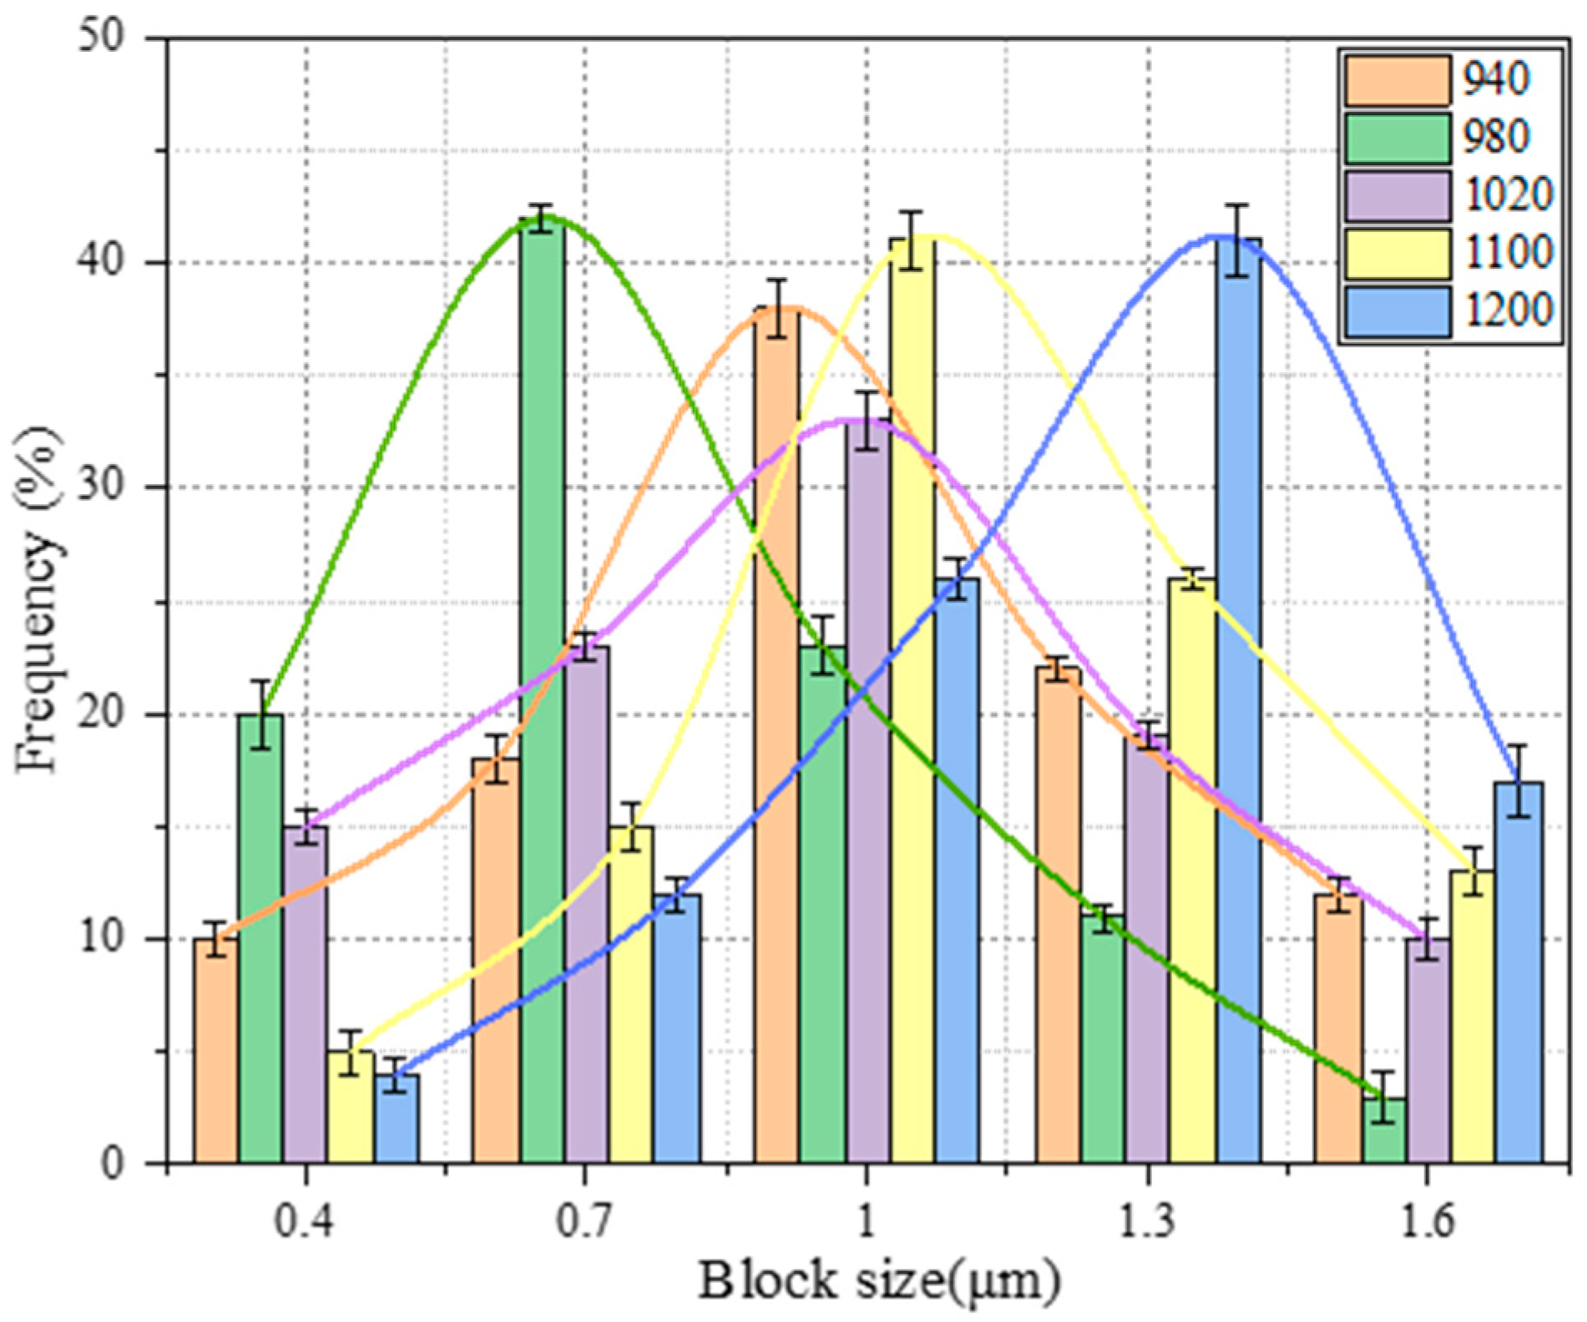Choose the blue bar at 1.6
pyautogui.click(x=1519, y=971)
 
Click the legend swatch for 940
pyautogui.click(x=1397, y=80)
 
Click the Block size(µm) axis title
pyautogui.click(x=878, y=1282)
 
